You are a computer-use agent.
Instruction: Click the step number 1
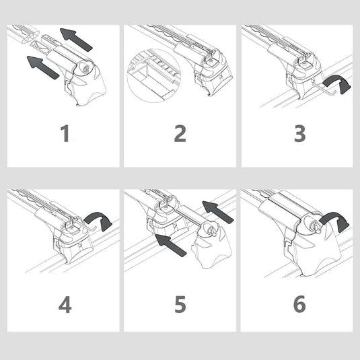[x=65, y=133]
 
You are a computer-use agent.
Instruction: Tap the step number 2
[x=180, y=133]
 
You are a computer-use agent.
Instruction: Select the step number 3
[x=299, y=133]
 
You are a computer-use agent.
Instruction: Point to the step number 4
[x=65, y=304]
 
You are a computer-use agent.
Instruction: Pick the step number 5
[x=180, y=304]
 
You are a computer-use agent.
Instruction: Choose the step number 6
[x=299, y=304]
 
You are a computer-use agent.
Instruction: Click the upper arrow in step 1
[x=76, y=40]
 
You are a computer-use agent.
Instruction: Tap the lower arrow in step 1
[x=43, y=67]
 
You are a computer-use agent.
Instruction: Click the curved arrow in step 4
[x=100, y=217]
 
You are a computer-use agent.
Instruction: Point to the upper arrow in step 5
[x=217, y=212]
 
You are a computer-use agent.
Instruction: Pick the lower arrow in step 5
[x=171, y=245]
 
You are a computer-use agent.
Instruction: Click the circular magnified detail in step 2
[x=154, y=76]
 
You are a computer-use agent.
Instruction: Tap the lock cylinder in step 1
[x=85, y=69]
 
